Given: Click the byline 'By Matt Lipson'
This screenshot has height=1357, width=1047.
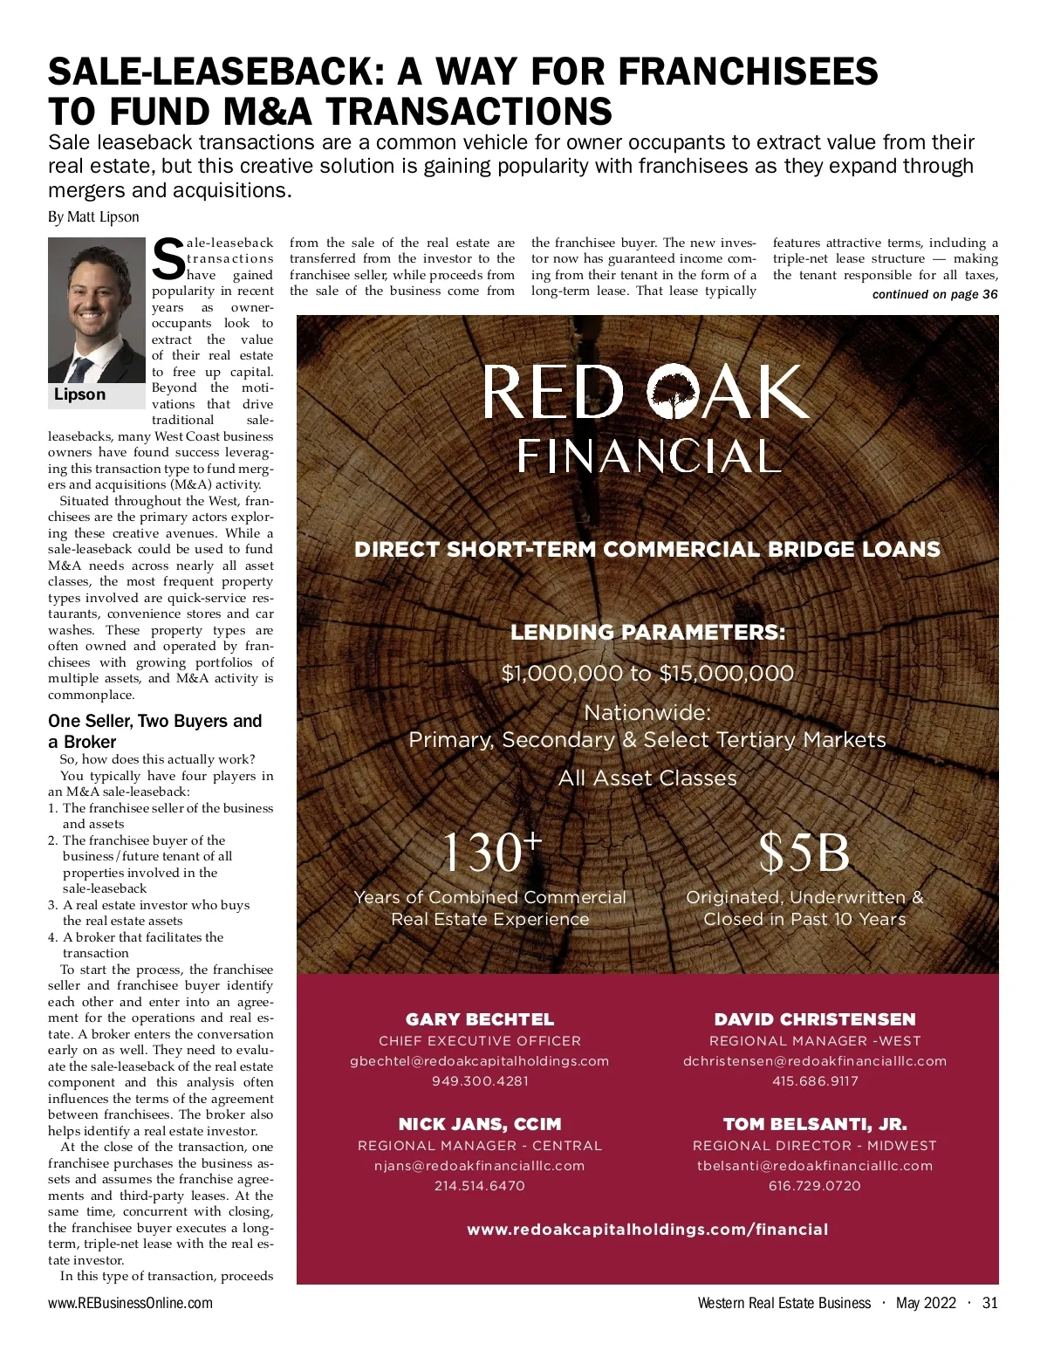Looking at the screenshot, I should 93,217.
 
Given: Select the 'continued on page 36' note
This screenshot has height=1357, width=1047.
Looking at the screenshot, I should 934,295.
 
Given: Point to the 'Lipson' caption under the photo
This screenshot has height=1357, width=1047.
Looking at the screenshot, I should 80,394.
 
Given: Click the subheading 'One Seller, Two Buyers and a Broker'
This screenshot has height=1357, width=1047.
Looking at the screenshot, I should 154,731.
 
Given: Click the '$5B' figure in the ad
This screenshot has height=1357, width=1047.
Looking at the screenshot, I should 804,853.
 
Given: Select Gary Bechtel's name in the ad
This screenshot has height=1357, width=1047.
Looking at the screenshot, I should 480,1019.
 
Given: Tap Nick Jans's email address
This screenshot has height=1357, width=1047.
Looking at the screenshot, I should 480,1166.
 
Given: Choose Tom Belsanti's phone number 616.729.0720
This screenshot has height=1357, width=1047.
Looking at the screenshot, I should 815,1186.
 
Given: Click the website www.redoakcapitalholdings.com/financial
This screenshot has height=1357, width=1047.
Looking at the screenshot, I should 647,1230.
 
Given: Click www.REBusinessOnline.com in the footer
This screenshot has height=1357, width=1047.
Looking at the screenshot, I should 130,1304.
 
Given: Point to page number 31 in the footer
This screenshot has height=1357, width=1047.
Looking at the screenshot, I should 989,1304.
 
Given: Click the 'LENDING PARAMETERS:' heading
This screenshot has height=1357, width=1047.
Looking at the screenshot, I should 647,633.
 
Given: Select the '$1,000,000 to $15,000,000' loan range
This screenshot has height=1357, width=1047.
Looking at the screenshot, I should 647,674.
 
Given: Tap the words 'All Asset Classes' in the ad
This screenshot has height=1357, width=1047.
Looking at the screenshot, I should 647,778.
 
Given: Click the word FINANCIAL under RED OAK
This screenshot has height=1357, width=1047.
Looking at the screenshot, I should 647,456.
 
